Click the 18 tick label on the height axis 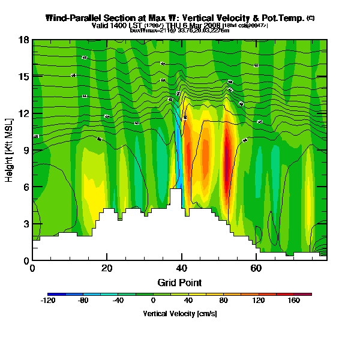[24, 40]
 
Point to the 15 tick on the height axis [24, 77]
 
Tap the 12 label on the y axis [24, 113]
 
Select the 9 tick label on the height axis [26, 151]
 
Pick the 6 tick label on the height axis [26, 187]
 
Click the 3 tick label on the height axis [26, 224]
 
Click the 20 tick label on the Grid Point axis [107, 268]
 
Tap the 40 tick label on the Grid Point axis [181, 268]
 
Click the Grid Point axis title [179, 282]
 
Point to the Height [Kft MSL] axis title [10, 151]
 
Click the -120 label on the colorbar [48, 301]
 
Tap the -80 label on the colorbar [83, 301]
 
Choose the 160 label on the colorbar [294, 301]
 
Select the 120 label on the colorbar [259, 301]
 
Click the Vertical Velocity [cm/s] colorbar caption [180, 313]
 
